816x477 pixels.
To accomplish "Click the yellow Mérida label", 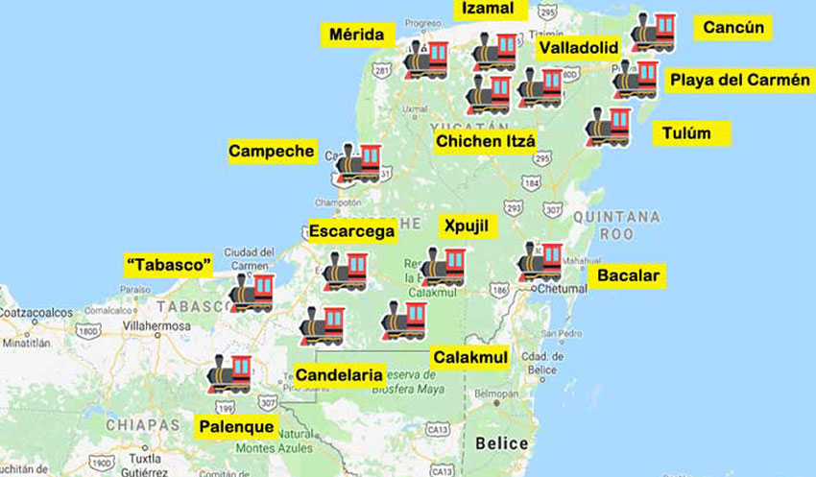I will tap(357, 36).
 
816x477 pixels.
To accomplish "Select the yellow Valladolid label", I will tap(577, 47).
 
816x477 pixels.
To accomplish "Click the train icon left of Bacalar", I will tap(540, 261).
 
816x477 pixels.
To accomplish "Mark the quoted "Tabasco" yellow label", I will tap(169, 264).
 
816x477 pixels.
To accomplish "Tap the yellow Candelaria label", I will tap(340, 374).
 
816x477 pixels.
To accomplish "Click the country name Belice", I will tap(501, 442).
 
